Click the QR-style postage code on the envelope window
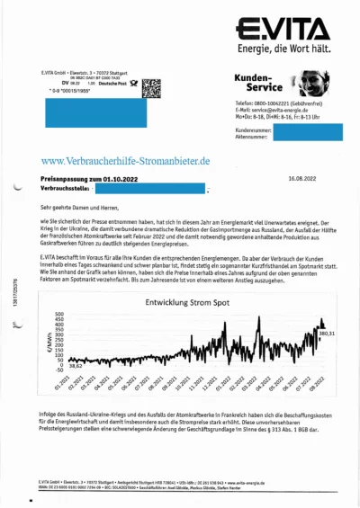152,87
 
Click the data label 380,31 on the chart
327,334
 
